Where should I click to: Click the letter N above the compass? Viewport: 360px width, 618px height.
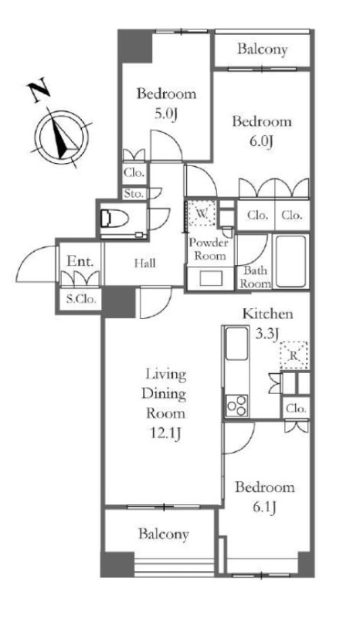tap(38, 91)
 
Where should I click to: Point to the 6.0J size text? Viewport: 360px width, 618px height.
tap(261, 142)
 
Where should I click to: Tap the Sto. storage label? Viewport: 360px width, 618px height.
tap(134, 194)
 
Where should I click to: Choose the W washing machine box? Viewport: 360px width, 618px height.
tap(201, 214)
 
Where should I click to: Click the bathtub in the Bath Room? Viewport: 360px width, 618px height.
tap(291, 261)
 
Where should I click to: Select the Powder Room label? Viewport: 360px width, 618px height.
tap(209, 249)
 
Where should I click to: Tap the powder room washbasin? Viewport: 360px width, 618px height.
tap(209, 279)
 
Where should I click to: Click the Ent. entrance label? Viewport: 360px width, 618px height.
tap(80, 261)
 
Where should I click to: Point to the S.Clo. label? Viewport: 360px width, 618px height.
tap(81, 300)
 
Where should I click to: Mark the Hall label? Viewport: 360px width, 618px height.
tap(144, 263)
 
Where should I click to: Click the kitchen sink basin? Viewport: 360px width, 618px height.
tap(236, 344)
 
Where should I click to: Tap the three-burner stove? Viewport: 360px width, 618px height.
tap(236, 406)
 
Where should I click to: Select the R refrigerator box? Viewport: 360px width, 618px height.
tap(294, 355)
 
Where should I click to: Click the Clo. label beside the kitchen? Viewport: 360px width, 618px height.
tap(296, 409)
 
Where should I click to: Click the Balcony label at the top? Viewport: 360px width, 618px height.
tap(262, 49)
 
